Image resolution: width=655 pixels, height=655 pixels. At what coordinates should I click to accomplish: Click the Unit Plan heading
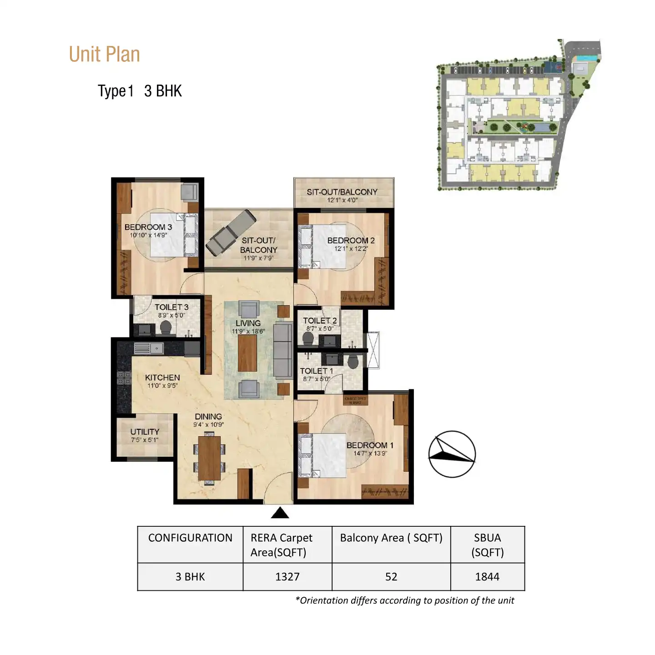[x=104, y=55]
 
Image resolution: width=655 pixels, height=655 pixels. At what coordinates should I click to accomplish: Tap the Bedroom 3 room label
[x=148, y=227]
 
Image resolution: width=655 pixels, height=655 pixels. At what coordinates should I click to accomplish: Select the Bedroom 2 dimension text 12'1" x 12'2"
[x=351, y=249]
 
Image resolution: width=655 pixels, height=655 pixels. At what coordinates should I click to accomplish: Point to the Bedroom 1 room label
[x=370, y=445]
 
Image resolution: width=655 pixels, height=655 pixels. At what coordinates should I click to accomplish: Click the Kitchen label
[x=162, y=378]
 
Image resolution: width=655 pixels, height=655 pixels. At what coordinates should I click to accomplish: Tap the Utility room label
[x=145, y=432]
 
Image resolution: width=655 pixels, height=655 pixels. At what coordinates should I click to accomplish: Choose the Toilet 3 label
[x=171, y=307]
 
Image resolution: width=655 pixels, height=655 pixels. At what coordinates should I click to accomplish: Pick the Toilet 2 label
[x=320, y=321]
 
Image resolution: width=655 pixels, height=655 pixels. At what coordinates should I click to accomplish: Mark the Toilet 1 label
[x=316, y=371]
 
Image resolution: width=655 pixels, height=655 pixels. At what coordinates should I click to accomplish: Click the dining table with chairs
[x=209, y=458]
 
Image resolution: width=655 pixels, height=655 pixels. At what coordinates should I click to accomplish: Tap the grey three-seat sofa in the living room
[x=282, y=350]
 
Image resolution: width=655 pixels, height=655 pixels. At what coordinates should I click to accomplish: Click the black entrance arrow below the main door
[x=280, y=513]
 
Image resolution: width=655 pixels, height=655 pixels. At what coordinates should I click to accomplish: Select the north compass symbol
[x=452, y=454]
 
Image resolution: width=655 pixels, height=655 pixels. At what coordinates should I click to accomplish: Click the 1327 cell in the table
[x=287, y=577]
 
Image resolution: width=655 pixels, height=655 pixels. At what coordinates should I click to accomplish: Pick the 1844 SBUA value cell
[x=487, y=577]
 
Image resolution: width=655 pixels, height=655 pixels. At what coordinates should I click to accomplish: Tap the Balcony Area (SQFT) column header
[x=391, y=538]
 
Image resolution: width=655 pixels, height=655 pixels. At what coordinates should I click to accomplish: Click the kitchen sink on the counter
[x=149, y=348]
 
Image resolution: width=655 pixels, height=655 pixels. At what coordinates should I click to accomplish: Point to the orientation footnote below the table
[x=404, y=600]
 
